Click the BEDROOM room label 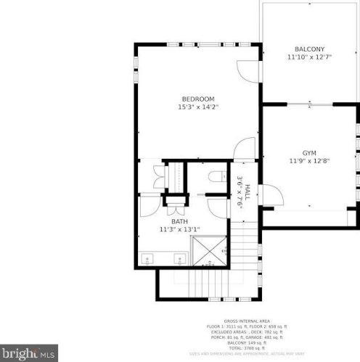click(x=197, y=99)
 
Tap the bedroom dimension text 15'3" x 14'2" click(x=197, y=107)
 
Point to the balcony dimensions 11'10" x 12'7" click(x=309, y=57)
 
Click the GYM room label click(x=310, y=153)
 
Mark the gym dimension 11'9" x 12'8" click(x=310, y=161)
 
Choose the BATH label click(x=179, y=221)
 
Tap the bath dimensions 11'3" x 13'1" click(x=179, y=229)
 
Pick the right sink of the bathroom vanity click(x=179, y=258)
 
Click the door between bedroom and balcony click(x=250, y=70)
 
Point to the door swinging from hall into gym click(x=268, y=194)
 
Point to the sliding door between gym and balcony click(x=310, y=106)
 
